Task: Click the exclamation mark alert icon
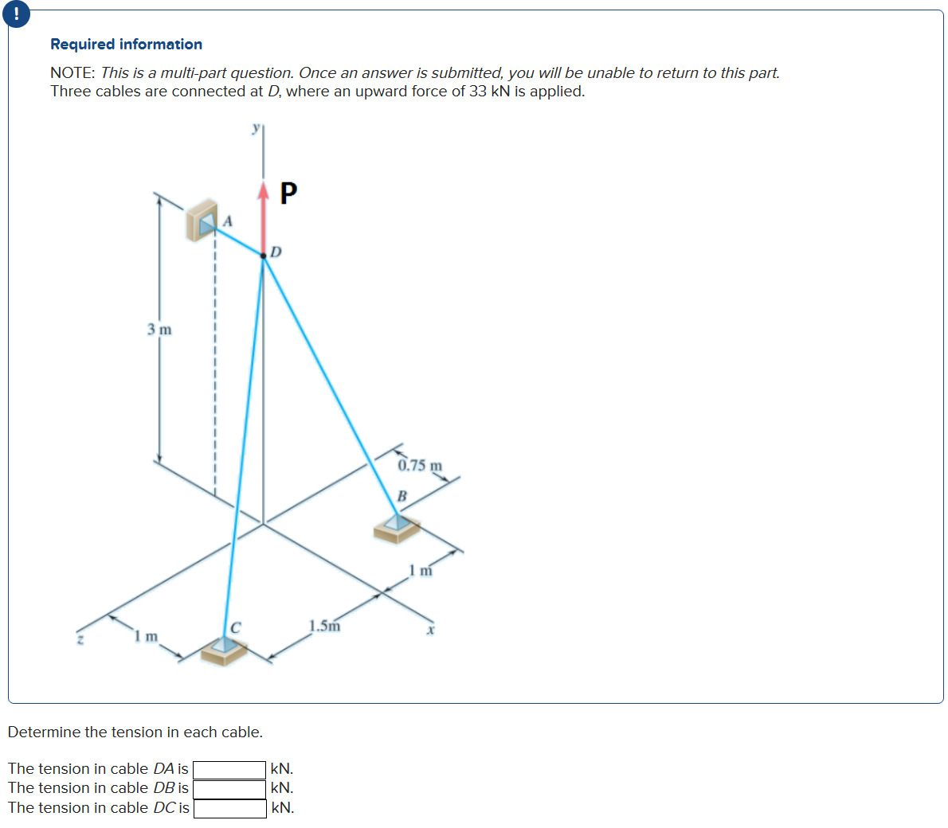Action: tap(17, 14)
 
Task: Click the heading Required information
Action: tap(126, 44)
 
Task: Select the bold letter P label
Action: tap(288, 193)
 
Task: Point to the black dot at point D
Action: tap(264, 256)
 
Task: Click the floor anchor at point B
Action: tap(398, 527)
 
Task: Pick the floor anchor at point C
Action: tap(224, 650)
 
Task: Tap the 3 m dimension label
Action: tap(159, 329)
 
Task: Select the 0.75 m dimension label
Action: tap(420, 465)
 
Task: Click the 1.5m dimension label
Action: tap(324, 626)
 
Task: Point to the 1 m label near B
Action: tap(420, 569)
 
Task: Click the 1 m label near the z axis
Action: tap(146, 636)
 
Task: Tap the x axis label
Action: tap(430, 630)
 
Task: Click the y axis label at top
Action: tap(255, 127)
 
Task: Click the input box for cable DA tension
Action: tap(229, 769)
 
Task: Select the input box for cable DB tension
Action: tap(229, 788)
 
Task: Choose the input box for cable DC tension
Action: tap(229, 808)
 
